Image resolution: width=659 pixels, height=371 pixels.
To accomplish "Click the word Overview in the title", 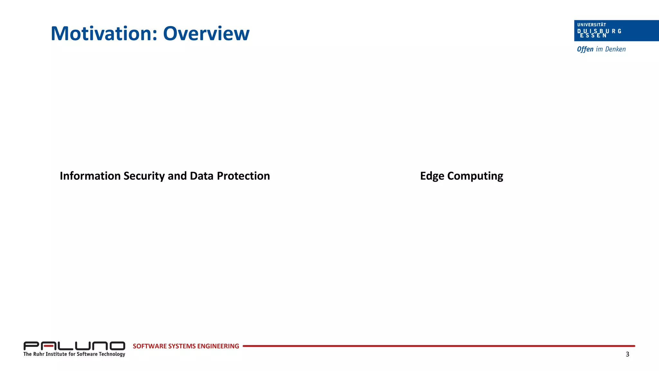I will click(x=206, y=33).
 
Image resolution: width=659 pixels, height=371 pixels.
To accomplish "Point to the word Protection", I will click(x=243, y=176).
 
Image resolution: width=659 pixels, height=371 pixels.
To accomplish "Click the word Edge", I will click(x=432, y=176).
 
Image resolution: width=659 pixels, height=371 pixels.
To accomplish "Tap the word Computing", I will click(x=475, y=176).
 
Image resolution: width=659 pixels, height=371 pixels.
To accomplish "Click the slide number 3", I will click(x=627, y=354).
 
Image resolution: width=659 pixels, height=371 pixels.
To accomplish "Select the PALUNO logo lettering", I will click(x=74, y=346).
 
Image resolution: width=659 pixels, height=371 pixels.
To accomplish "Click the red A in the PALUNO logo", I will click(x=49, y=346).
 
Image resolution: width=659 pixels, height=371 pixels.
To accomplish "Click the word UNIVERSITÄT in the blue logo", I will click(x=591, y=25).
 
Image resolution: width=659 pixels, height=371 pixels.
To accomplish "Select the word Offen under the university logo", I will click(x=585, y=49).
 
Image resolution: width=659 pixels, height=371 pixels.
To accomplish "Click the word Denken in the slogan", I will click(x=615, y=49).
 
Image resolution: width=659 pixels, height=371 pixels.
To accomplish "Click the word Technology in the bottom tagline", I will click(x=112, y=354).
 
